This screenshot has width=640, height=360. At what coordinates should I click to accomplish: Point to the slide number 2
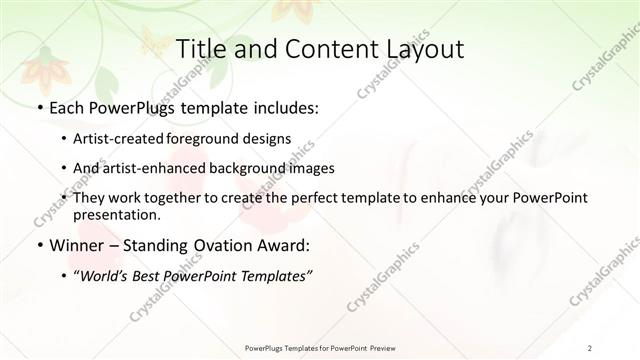pyautogui.click(x=591, y=346)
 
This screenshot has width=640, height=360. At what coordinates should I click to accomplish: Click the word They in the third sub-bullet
pyautogui.click(x=87, y=198)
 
